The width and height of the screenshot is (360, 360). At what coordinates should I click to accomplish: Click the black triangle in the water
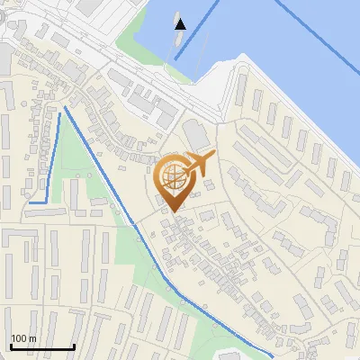tap(181, 23)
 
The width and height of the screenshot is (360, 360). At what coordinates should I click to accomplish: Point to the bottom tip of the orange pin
tap(172, 211)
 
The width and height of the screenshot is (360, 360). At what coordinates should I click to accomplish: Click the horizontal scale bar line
tap(42, 347)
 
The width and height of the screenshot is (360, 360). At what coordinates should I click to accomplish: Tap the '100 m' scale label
tap(23, 338)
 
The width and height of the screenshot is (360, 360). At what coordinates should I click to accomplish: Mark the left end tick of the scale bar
tap(11, 346)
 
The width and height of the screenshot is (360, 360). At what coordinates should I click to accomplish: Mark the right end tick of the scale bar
tap(74, 346)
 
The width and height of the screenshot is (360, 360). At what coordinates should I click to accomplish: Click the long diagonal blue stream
tap(135, 225)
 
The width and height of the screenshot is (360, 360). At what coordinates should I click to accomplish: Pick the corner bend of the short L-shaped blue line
tap(47, 202)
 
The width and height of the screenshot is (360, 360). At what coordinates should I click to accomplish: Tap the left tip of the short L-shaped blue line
tap(30, 202)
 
